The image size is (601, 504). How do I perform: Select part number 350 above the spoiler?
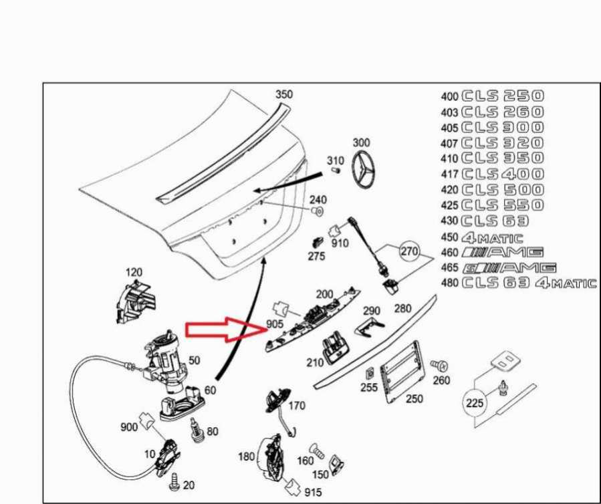[284, 95]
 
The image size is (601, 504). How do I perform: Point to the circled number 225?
[474, 403]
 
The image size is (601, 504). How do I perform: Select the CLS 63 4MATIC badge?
[529, 283]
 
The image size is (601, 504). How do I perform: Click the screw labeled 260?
[439, 366]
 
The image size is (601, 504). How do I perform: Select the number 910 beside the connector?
[340, 243]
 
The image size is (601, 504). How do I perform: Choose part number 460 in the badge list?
[449, 252]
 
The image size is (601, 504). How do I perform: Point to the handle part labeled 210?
[334, 346]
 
